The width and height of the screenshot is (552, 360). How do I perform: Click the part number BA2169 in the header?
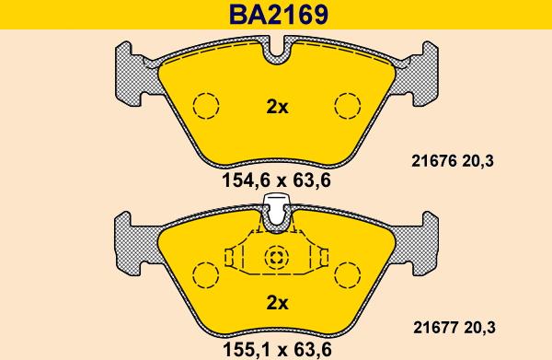278,15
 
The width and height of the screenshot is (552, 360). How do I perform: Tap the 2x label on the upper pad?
277,107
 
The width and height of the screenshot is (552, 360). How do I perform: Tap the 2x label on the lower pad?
277,303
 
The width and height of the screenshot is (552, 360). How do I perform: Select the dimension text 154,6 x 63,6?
276,180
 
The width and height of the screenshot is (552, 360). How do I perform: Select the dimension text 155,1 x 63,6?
277,350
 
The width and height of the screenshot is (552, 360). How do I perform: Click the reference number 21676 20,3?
453,161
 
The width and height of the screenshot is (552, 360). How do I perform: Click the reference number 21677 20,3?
454,328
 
